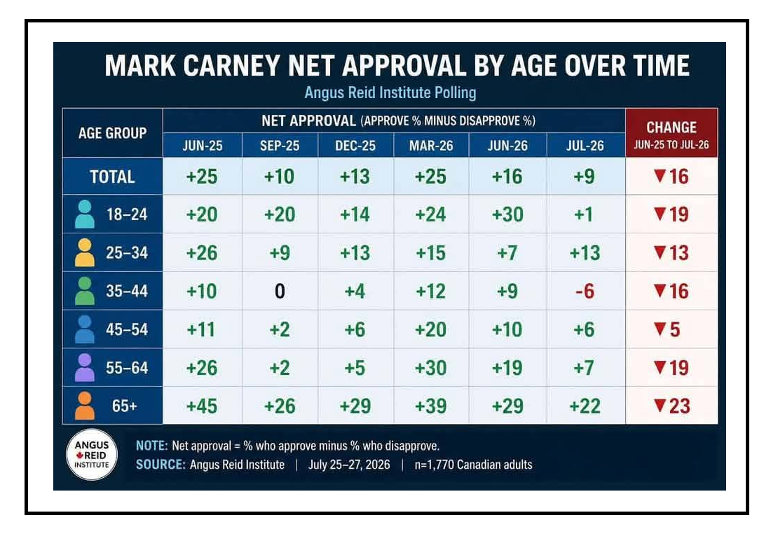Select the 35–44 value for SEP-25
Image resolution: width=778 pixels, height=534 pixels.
(x=280, y=292)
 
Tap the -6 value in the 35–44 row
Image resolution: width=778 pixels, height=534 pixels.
(x=585, y=292)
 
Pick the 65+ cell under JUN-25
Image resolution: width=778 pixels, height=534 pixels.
(x=202, y=406)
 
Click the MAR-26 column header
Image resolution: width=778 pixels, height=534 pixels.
(x=431, y=145)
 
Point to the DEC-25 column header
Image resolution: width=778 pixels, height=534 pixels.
(x=355, y=145)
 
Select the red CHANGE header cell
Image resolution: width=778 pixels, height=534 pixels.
(x=671, y=133)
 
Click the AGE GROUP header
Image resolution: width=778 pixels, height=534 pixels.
(x=113, y=133)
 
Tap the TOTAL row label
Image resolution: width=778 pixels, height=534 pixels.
(x=113, y=177)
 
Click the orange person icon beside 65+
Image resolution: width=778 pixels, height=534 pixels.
(x=84, y=406)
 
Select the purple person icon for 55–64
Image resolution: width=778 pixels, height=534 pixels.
(x=84, y=367)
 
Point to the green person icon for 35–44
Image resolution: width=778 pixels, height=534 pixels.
(x=84, y=291)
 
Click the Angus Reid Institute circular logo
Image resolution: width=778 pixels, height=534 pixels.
(x=92, y=455)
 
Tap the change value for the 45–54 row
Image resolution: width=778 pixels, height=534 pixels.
(x=667, y=329)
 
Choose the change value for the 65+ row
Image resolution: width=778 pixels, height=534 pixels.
(x=672, y=406)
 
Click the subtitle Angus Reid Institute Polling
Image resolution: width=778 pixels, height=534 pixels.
(x=390, y=93)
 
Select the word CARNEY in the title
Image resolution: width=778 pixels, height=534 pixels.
(x=231, y=65)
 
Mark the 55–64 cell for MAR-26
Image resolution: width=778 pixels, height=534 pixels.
(x=430, y=368)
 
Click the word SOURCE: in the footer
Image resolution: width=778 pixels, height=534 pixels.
(x=161, y=465)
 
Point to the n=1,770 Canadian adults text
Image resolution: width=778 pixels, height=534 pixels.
(x=473, y=465)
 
